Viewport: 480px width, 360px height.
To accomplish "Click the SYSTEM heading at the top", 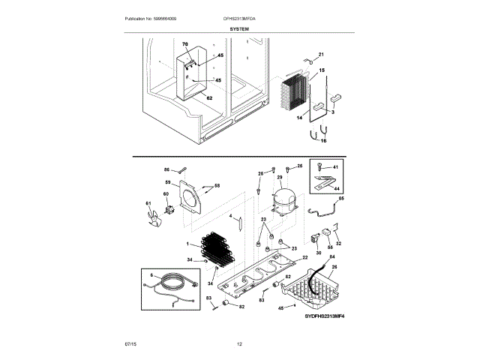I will (x=240, y=28).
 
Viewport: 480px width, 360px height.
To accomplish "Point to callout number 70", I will (x=185, y=46).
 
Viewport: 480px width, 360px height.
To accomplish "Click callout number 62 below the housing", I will (x=209, y=98).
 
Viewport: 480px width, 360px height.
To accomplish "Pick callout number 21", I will (x=322, y=55).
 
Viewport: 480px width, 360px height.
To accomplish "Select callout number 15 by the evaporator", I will (x=322, y=70).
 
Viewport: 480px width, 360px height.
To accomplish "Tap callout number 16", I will (x=323, y=140).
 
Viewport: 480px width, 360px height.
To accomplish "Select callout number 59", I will (x=167, y=181).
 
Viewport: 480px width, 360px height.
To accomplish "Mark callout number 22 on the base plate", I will (x=304, y=257).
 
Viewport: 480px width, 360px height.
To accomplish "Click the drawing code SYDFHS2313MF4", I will (x=328, y=317).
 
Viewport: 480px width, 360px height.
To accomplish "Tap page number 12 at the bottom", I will (x=239, y=344).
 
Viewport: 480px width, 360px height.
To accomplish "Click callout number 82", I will (x=241, y=306).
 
